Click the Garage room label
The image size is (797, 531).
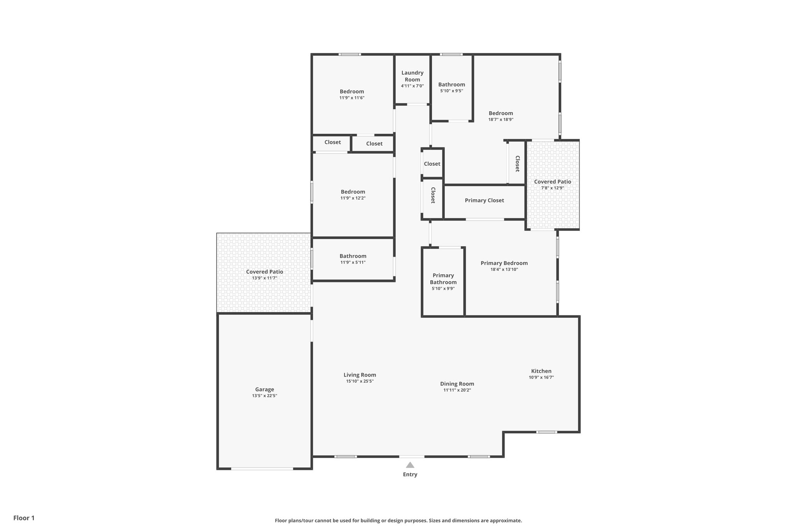[x=264, y=389]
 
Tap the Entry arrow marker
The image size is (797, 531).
[x=410, y=465]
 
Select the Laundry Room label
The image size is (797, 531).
[x=412, y=76]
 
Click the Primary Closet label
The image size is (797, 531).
[x=484, y=200]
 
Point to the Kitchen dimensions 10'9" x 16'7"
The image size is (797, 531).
[x=541, y=377]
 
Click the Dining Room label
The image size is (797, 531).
[x=457, y=384]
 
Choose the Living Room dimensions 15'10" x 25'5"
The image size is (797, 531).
[x=360, y=381]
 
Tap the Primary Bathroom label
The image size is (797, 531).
[x=443, y=279]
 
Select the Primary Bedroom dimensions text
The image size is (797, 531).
[x=504, y=270]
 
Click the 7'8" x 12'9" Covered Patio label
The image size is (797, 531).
[x=552, y=182]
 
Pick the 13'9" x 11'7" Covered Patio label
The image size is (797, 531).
[x=264, y=272]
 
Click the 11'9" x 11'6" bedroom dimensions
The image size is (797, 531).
[x=352, y=98]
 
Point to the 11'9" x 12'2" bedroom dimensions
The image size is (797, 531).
[x=353, y=198]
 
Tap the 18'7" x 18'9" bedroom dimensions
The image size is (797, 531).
[x=501, y=120]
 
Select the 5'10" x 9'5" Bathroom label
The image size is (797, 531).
[x=451, y=84]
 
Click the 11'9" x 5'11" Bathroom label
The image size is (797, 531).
[x=353, y=256]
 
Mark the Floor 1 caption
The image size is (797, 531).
[x=24, y=518]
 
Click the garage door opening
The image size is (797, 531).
[x=262, y=469]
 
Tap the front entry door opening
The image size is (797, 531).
[x=411, y=456]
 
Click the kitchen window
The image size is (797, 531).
[x=546, y=432]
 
